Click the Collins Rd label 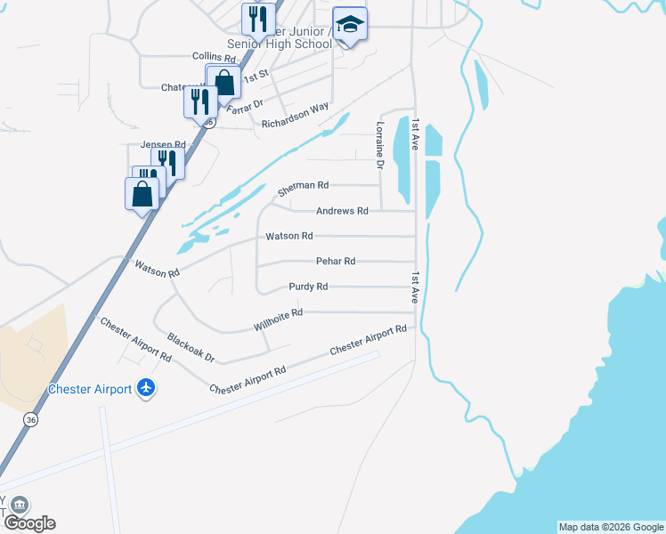(211, 56)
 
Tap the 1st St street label (256, 78)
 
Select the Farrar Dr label (245, 107)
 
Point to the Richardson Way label (295, 116)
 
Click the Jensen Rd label (162, 144)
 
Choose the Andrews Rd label (342, 211)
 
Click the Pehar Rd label (336, 261)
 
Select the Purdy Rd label (308, 287)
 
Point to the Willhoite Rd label (278, 320)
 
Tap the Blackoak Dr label (191, 346)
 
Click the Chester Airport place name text (90, 389)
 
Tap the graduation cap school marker (350, 25)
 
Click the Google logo (28, 523)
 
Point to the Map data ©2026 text (610, 527)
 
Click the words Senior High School (280, 44)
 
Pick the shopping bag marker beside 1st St (225, 82)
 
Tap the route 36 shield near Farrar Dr (206, 121)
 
